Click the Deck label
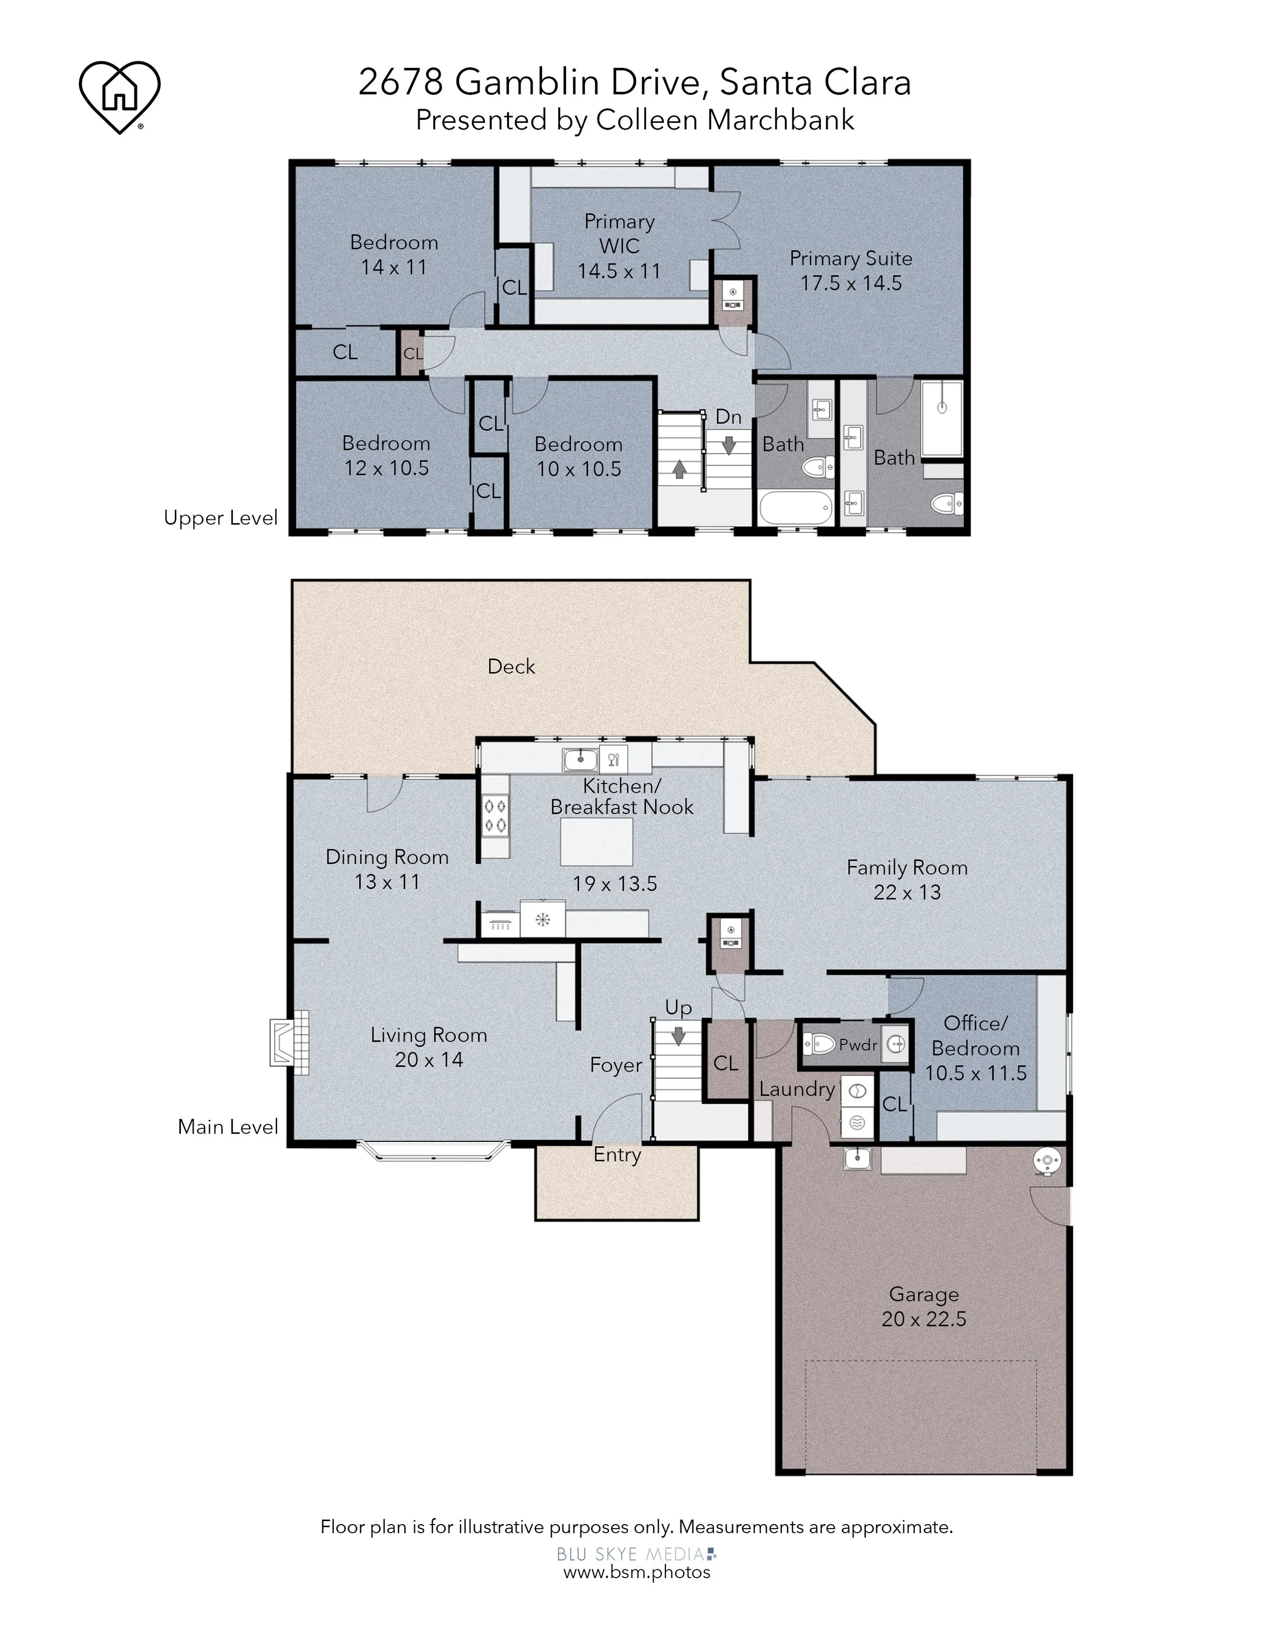511,666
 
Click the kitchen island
596,841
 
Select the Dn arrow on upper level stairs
728,446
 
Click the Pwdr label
858,1045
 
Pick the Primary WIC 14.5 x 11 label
619,246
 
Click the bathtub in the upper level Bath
795,507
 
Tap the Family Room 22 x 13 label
907,880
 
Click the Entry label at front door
617,1155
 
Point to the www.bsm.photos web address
636,1572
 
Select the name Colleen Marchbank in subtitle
725,120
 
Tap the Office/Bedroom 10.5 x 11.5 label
975,1048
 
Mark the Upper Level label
220,518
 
